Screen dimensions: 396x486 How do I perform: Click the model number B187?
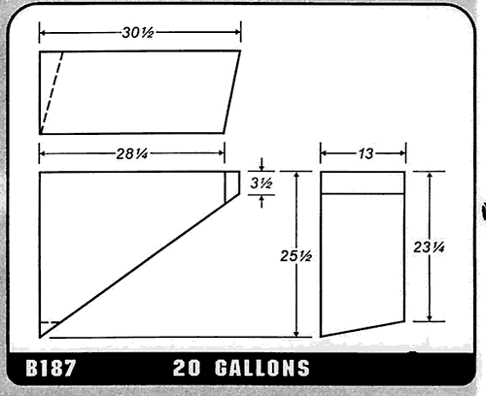[47, 369]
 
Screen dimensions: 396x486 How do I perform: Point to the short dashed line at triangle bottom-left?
[49, 323]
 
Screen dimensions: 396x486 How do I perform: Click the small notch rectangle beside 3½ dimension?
[232, 185]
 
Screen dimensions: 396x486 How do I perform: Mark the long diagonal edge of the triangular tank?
[136, 263]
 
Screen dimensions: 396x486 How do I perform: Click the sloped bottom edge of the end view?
[362, 327]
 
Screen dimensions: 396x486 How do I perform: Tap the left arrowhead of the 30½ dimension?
[43, 33]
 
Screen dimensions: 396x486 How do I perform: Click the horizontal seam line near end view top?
[362, 195]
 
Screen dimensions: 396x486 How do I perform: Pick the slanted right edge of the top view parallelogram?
[232, 92]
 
